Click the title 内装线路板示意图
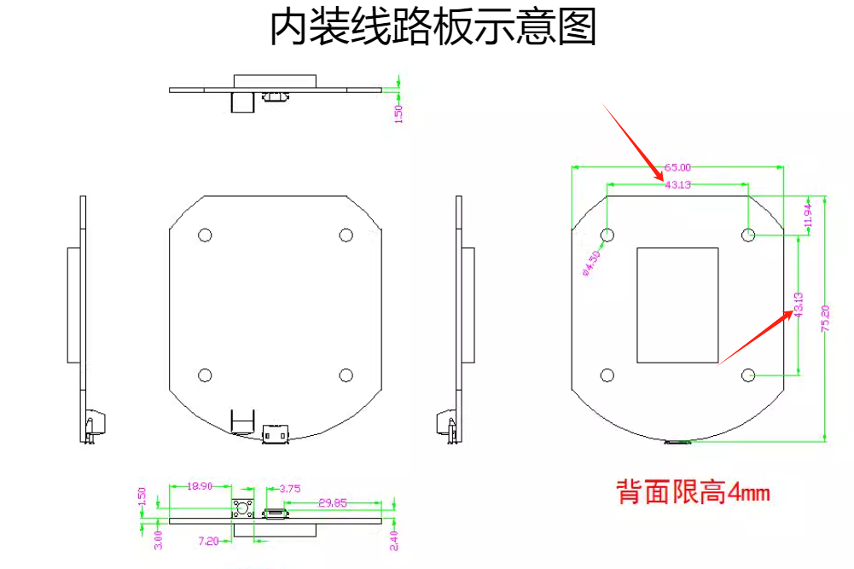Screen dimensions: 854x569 tap(433, 26)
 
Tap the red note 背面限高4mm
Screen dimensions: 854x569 tap(694, 492)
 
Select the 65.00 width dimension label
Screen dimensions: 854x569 tap(677, 167)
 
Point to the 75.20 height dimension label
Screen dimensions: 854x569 tap(825, 318)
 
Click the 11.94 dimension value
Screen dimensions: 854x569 tap(808, 216)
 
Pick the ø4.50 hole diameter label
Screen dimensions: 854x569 tap(592, 264)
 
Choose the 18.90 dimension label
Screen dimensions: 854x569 tap(200, 485)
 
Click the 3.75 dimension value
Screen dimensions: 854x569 tap(290, 489)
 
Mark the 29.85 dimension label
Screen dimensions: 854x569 tap(332, 502)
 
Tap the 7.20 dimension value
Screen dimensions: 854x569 tap(208, 541)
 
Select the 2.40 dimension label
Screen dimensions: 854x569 tap(394, 541)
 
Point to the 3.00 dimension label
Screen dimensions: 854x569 tap(158, 540)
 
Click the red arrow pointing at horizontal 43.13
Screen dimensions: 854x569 tap(633, 142)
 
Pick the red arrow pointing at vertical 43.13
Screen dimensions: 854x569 tap(755, 338)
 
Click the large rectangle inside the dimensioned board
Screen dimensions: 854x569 tap(677, 305)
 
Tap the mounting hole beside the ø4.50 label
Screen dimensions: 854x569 tap(607, 235)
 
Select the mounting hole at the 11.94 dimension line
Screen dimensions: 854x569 tap(748, 235)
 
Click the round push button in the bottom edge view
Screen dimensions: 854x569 tap(242, 508)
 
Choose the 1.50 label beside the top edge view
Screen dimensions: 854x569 tap(398, 113)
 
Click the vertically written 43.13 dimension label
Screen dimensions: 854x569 tap(799, 305)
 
